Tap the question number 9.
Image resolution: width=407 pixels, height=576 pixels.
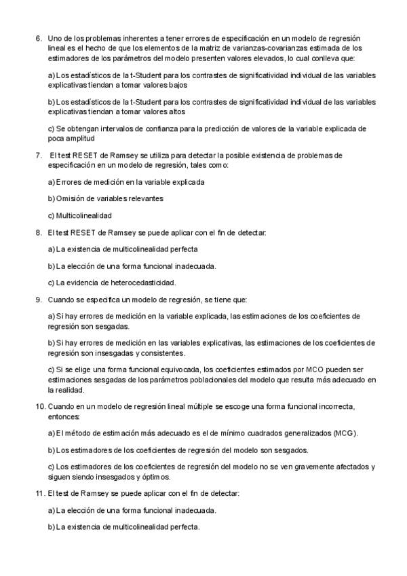tap(38, 299)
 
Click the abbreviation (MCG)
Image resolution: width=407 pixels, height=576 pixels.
tap(344, 433)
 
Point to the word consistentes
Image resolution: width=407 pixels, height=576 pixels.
tap(166, 353)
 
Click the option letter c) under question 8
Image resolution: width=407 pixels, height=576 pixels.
tap(52, 282)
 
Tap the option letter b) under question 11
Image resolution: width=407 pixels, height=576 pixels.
tap(52, 526)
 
